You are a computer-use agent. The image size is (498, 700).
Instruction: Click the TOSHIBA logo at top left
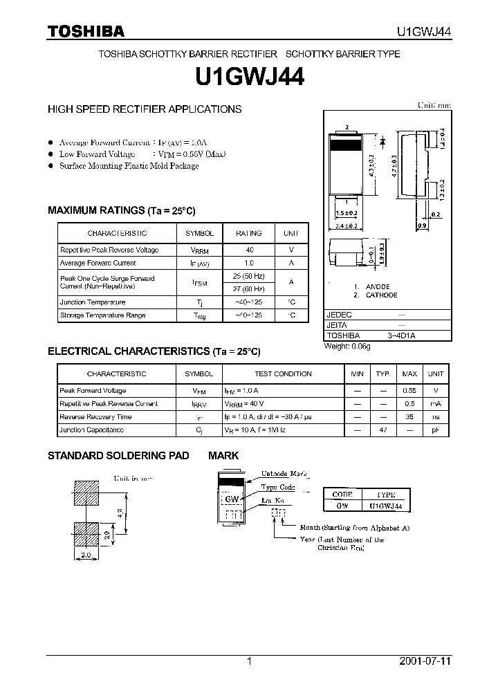86,31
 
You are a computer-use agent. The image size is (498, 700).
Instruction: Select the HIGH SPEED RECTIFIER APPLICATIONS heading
145,109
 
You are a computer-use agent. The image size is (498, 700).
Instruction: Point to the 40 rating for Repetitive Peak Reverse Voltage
249,250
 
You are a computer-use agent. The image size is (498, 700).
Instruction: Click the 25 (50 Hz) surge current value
249,276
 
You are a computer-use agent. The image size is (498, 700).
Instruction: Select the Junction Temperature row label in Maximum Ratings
93,302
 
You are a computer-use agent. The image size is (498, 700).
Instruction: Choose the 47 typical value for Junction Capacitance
382,430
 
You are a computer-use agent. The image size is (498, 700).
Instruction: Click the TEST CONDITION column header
283,374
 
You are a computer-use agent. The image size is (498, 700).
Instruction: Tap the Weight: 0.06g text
347,346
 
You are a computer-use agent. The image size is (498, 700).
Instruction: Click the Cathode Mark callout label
284,475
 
